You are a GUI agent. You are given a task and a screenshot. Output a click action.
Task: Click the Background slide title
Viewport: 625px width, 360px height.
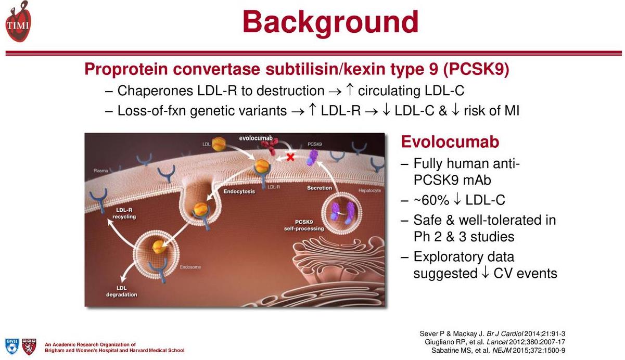(330, 22)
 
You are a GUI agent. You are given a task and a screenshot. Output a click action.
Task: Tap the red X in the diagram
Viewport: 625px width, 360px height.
(290, 157)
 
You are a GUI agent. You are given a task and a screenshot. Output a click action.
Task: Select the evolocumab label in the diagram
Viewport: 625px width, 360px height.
(256, 138)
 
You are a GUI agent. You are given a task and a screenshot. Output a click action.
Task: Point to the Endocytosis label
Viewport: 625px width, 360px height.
(239, 191)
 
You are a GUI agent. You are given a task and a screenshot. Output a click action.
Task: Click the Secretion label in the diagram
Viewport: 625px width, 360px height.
(320, 188)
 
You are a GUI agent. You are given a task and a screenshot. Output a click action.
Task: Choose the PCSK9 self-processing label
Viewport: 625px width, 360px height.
(304, 225)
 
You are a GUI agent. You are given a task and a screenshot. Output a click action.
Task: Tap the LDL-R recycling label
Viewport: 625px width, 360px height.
(124, 213)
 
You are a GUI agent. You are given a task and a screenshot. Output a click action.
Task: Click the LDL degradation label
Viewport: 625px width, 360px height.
(122, 291)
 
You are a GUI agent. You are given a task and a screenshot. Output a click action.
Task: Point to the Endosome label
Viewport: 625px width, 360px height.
(190, 267)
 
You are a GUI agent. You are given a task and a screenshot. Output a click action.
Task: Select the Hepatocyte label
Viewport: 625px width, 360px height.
(369, 190)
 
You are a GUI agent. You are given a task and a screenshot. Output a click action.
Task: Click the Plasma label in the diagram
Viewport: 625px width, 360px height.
(101, 171)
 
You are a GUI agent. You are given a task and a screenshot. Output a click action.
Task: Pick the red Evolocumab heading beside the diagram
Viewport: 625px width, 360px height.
(450, 142)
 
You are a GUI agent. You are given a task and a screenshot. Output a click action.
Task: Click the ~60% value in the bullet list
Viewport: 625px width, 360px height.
(431, 200)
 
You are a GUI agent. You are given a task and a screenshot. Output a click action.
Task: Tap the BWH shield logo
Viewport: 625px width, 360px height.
(12, 346)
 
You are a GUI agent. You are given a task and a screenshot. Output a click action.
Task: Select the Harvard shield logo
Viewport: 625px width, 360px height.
(29, 346)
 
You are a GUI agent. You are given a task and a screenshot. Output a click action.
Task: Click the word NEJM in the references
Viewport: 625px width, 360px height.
(502, 351)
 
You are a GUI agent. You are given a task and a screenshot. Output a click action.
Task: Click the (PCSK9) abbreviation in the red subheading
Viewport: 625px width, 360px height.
(476, 69)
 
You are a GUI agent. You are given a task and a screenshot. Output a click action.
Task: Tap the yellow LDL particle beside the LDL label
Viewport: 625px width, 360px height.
(219, 144)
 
